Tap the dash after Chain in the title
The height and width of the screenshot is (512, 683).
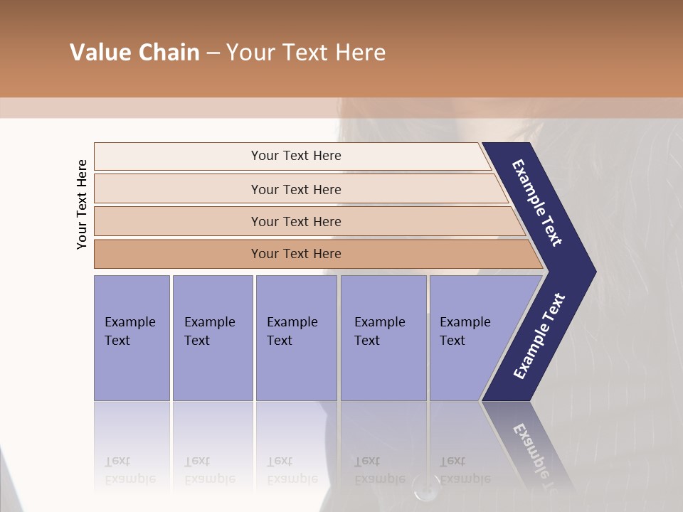coord(213,53)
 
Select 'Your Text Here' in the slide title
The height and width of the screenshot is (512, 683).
coord(306,53)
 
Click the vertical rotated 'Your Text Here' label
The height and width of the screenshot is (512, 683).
coord(82,204)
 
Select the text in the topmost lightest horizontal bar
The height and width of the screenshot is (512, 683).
coord(296,156)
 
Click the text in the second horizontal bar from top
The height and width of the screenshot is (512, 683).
coord(296,189)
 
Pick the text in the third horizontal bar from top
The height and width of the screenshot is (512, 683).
coord(296,221)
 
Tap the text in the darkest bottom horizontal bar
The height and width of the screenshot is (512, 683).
coord(296,254)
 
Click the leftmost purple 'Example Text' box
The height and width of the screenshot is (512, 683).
coord(131,331)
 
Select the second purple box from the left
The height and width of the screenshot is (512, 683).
coord(211,331)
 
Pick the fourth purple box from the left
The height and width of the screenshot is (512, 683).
coord(382,331)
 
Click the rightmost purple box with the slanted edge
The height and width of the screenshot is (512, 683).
coord(470,331)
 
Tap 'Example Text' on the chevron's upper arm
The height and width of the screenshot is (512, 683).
coord(537,203)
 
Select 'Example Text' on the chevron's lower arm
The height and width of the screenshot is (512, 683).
coord(539,336)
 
